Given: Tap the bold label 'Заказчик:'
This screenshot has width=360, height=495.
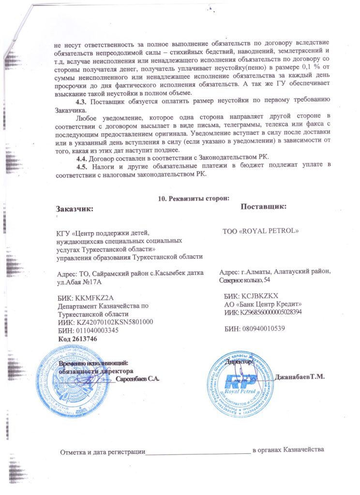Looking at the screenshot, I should coord(75,209).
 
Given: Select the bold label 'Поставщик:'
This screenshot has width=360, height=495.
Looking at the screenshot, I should coord(264,206).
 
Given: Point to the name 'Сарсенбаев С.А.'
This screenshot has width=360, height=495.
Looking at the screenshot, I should coord(138,379).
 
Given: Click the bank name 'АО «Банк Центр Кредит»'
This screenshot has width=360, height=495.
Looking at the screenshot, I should coord(263,304).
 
